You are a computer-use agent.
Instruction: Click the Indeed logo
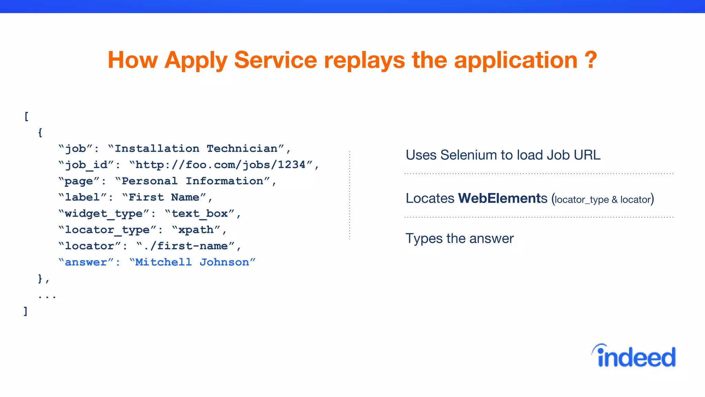[x=634, y=356]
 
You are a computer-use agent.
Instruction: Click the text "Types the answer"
[x=460, y=238]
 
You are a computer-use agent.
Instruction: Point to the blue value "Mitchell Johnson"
[x=192, y=262]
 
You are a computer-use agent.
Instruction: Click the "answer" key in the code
[x=86, y=262]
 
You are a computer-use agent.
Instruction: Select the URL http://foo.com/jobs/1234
[x=221, y=165]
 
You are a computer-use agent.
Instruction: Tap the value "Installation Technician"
[x=196, y=149]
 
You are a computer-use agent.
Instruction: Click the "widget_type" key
[x=104, y=214]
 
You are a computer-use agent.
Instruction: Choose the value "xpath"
[x=196, y=230]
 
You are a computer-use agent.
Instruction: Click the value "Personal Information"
[x=192, y=181]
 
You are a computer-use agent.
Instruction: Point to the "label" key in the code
[x=82, y=197]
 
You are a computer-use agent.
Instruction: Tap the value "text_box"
[x=199, y=214]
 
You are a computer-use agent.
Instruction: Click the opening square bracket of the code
[x=27, y=116]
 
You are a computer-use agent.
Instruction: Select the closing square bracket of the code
[x=25, y=311]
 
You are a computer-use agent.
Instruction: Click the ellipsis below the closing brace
[x=47, y=296]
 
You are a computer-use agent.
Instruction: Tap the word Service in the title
[x=275, y=60]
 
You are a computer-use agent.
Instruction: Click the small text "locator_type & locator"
[x=603, y=200]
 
